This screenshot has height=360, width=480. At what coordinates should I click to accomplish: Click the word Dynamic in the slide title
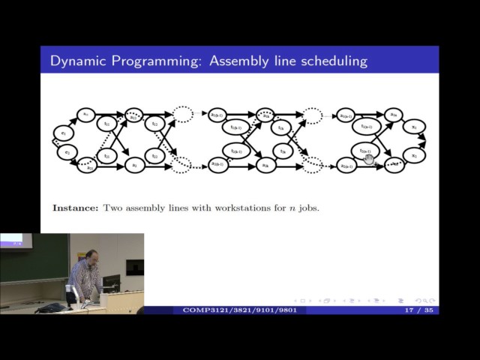78,61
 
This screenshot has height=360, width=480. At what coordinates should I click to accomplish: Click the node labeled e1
64,133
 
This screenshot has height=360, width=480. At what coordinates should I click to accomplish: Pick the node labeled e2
67,153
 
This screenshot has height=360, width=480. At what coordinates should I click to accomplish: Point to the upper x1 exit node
414,128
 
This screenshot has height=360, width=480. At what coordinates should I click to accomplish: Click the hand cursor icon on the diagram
368,157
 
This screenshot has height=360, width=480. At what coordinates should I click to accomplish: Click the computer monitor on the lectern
110,283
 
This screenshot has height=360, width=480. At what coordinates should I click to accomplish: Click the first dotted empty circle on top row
182,114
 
